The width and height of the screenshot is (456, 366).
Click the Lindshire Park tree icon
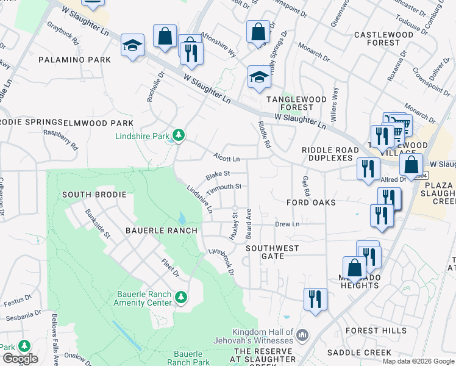click(178, 135)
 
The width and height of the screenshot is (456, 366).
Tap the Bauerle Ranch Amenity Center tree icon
click(180, 297)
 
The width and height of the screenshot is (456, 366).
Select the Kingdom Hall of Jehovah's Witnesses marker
click(304, 334)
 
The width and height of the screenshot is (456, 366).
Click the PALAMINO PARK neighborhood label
click(74, 60)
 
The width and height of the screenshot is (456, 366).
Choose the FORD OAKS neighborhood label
click(312, 202)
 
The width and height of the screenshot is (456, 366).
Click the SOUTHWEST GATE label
click(273, 252)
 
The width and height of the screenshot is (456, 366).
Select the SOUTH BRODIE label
click(94, 195)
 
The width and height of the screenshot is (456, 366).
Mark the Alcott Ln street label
click(226, 157)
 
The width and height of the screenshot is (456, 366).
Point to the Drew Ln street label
click(287, 224)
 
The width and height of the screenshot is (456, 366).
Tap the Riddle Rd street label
click(263, 134)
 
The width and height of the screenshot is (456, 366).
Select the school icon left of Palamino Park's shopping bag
click(132, 46)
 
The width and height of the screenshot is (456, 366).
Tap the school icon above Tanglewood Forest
click(259, 77)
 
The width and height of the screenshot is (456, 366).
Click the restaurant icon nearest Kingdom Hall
click(315, 299)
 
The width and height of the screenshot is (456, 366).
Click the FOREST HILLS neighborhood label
click(376, 331)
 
